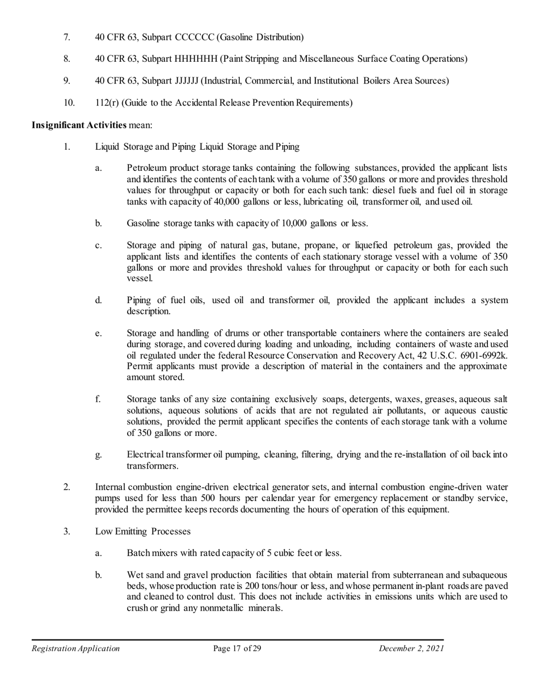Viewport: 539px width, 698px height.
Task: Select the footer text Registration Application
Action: coord(75,649)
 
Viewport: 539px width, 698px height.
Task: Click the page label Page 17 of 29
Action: coord(237,649)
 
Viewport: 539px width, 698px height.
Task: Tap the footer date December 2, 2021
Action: coord(411,649)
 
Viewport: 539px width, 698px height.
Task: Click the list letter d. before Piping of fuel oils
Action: coord(99,300)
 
